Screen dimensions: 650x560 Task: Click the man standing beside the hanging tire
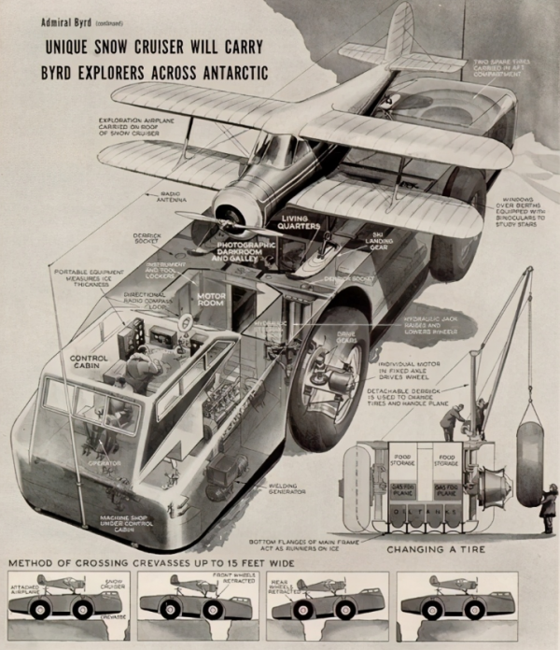[548, 509]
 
